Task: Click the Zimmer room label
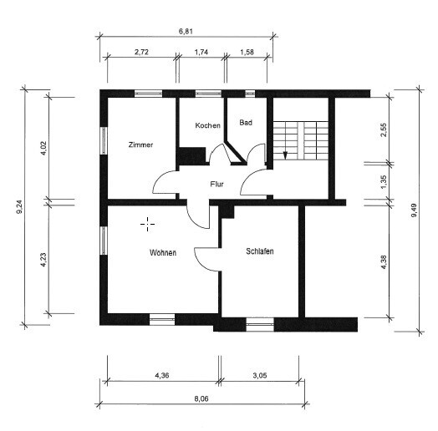(x=140, y=145)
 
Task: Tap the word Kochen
(x=207, y=125)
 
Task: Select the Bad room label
(x=246, y=123)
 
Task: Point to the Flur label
(x=216, y=185)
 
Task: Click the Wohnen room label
(x=163, y=252)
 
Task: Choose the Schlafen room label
(x=260, y=251)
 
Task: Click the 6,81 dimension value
(x=186, y=31)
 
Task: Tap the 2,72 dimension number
(x=141, y=52)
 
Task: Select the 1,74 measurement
(x=201, y=52)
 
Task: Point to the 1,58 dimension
(x=247, y=52)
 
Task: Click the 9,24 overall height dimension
(x=19, y=208)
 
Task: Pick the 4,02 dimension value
(x=43, y=148)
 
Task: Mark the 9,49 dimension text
(x=414, y=210)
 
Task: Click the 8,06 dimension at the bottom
(x=201, y=398)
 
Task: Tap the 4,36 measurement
(x=162, y=375)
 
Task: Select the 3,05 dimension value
(x=260, y=375)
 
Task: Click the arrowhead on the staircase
(x=285, y=155)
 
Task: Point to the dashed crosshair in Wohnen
(x=147, y=224)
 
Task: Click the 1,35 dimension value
(x=384, y=182)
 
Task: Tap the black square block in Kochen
(x=192, y=155)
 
